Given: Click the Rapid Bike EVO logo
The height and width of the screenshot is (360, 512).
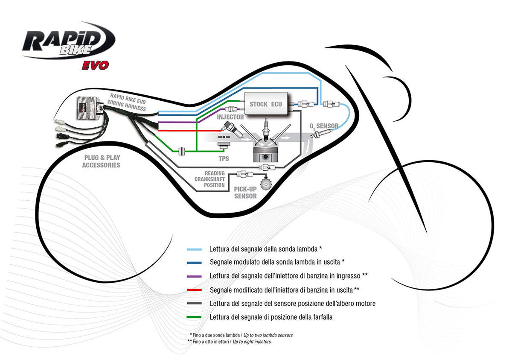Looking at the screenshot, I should [68, 45].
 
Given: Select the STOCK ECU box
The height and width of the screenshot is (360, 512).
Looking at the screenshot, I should [265, 104].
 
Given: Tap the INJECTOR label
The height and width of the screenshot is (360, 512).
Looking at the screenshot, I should [230, 117].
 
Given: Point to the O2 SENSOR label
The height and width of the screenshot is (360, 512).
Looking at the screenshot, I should [324, 126].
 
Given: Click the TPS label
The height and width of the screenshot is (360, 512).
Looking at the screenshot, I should [223, 159].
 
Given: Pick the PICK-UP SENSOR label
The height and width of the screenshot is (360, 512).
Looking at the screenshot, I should [245, 192].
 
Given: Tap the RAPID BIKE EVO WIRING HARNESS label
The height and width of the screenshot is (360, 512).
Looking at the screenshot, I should [127, 102].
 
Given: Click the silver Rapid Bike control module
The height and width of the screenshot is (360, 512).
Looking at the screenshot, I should [89, 109].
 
